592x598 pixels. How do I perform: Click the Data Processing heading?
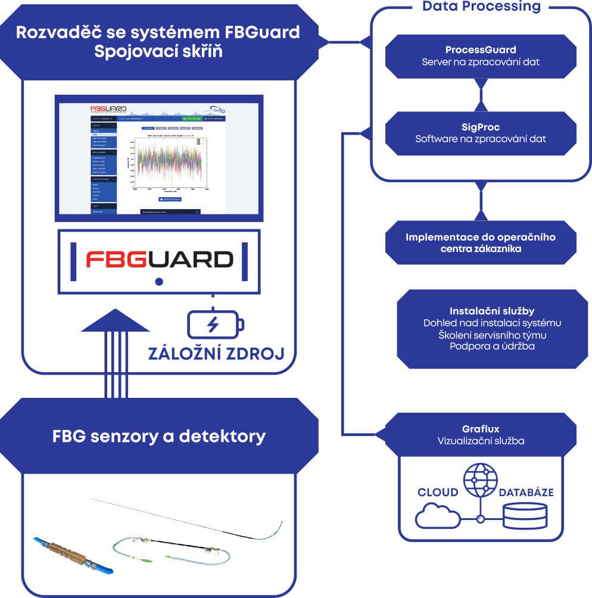481,7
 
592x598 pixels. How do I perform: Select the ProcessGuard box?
481,55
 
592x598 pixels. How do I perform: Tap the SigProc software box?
481,133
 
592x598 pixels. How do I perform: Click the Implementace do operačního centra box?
481,242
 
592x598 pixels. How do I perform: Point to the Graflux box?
480,434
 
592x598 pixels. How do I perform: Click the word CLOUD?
438,493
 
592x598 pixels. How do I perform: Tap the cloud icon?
438,515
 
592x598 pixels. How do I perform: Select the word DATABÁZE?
526,493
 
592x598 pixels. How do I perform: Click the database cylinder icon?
525,516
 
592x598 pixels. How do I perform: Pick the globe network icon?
480,482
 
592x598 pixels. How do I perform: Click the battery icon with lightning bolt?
215,325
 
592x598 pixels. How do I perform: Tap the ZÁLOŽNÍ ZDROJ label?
215,354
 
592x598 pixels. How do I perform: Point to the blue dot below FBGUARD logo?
158,281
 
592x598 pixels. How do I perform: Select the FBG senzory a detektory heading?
158,436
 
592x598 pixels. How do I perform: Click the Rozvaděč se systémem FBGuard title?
158,41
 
